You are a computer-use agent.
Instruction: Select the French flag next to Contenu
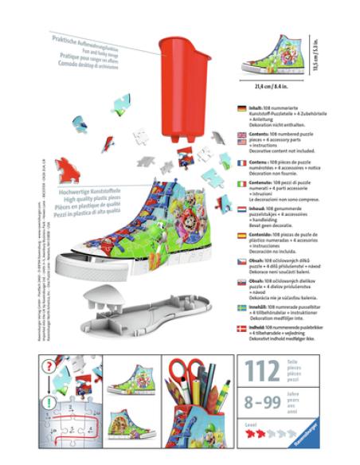point(241,162)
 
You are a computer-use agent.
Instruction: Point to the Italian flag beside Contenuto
point(241,184)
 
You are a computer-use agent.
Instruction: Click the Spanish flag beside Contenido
point(241,235)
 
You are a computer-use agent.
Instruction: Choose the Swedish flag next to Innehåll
point(241,307)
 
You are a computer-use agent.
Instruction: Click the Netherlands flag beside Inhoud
point(241,209)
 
